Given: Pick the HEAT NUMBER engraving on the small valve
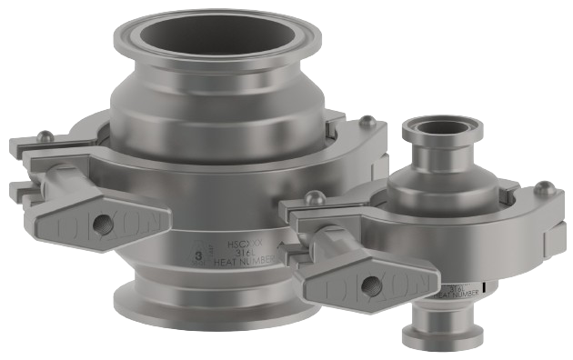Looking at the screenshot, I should coord(445,293).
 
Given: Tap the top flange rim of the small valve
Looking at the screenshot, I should coord(446,136).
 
